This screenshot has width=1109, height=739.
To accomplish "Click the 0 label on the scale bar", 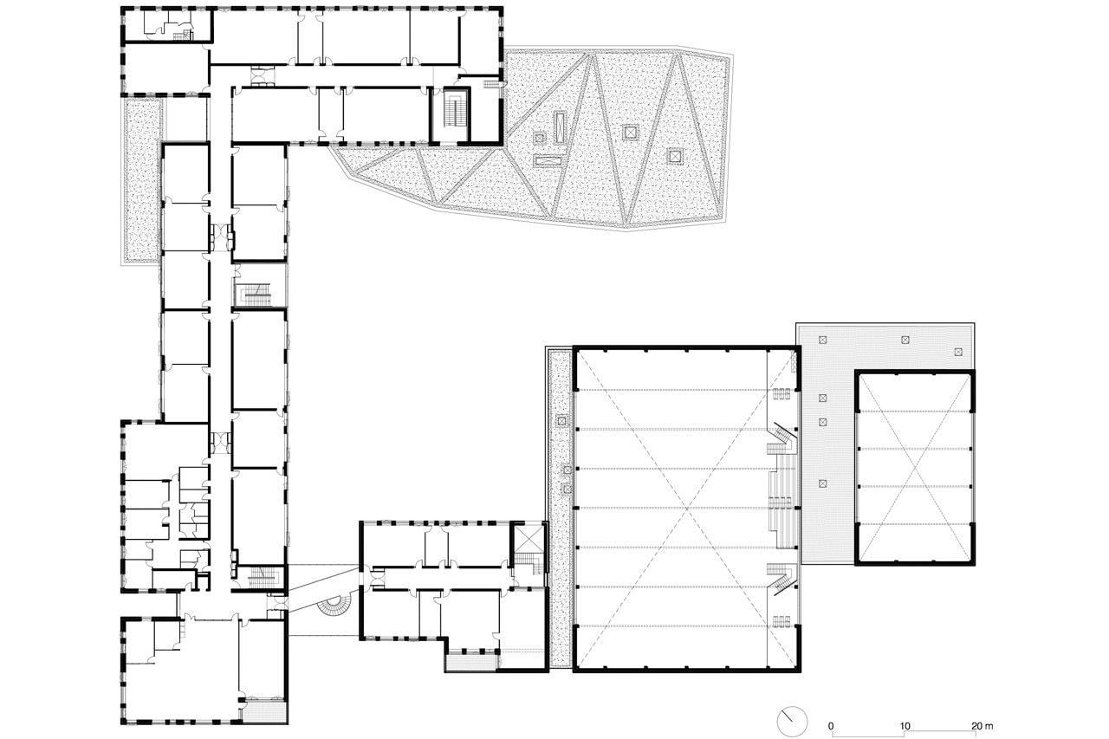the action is (x=831, y=726).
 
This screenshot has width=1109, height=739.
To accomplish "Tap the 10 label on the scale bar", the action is (x=905, y=726).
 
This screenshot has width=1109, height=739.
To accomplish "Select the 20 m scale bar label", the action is (x=982, y=726).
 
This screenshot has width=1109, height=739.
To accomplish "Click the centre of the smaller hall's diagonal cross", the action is (x=915, y=468).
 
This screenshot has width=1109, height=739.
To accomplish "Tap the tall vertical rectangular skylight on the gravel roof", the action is (x=560, y=127).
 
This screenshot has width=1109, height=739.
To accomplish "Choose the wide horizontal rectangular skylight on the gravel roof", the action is (x=548, y=161).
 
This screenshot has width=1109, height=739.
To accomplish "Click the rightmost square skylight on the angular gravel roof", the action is (x=674, y=157).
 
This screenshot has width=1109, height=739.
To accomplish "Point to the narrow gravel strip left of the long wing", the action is (x=141, y=180).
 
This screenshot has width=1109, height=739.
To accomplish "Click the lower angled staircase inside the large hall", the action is (x=781, y=579).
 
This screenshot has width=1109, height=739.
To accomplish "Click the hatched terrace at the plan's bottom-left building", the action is (x=265, y=712).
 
